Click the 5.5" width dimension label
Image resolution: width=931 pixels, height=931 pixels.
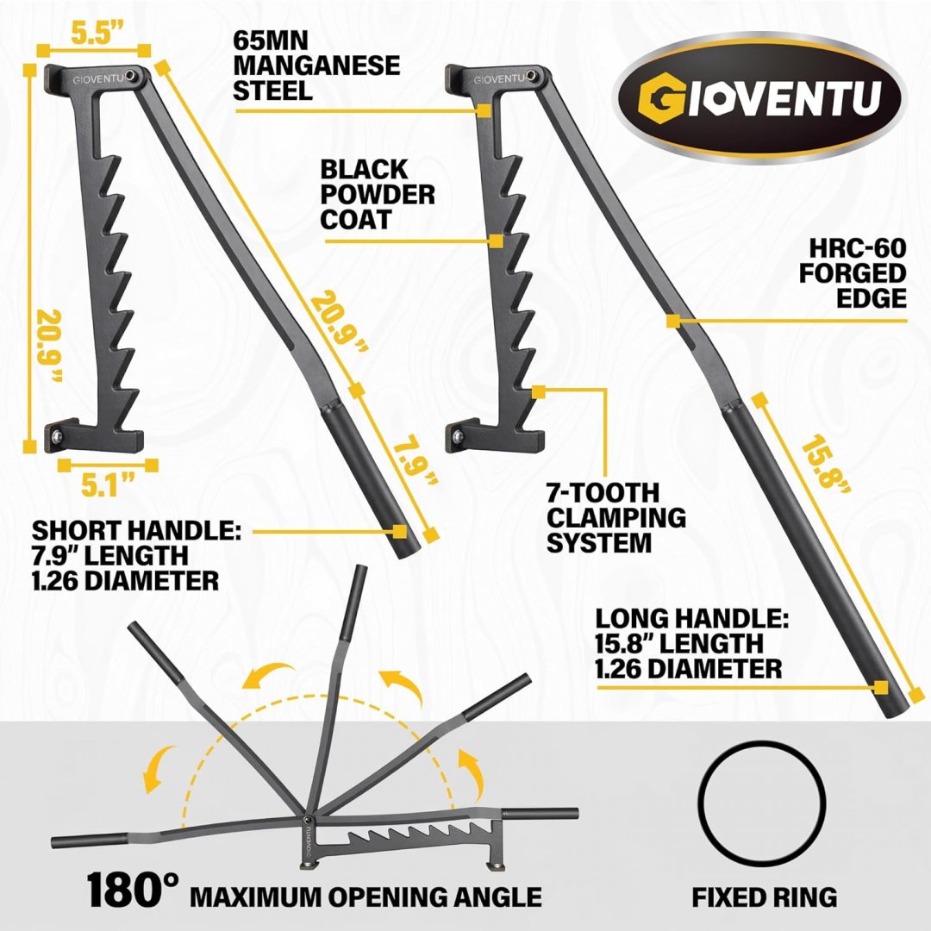click(x=92, y=34)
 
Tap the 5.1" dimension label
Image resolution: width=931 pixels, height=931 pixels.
click(x=108, y=484)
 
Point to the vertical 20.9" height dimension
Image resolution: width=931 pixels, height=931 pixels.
click(x=48, y=345)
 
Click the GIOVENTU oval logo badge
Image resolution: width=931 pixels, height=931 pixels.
click(x=759, y=97)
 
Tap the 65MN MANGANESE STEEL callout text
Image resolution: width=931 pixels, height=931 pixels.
click(x=316, y=66)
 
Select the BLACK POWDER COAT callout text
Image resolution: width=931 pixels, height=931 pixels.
click(x=378, y=194)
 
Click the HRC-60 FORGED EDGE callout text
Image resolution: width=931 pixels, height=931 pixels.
click(x=853, y=273)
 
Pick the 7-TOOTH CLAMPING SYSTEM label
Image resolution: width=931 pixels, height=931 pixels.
click(x=615, y=518)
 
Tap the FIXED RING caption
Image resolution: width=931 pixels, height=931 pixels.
click(x=764, y=897)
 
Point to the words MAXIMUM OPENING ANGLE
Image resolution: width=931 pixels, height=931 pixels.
click(x=366, y=897)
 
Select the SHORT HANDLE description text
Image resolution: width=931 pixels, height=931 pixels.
click(x=136, y=556)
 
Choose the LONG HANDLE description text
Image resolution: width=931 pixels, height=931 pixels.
click(x=691, y=644)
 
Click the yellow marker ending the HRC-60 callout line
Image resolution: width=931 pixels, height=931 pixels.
click(x=672, y=322)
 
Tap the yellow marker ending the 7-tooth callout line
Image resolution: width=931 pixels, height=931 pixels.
click(x=539, y=392)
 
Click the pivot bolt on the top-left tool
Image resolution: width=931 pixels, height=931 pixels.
click(x=130, y=76)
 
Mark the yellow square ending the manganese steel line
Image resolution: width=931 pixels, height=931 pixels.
click(x=484, y=110)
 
